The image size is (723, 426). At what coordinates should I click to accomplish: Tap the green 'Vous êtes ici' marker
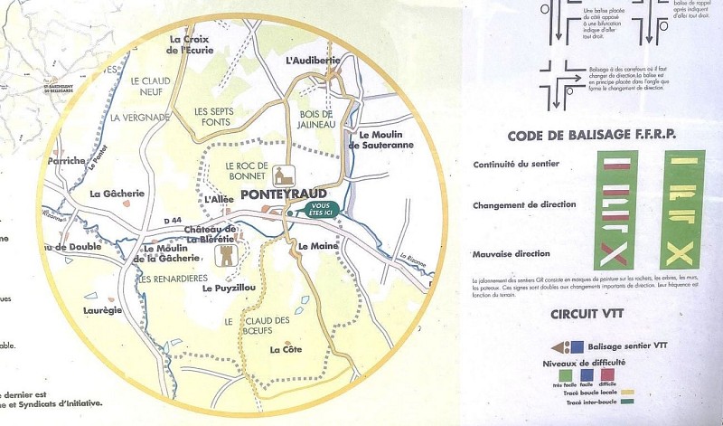coord(317,208)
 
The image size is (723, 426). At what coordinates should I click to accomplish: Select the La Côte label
coord(286,349)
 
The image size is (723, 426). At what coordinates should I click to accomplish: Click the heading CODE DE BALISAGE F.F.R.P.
coord(592,137)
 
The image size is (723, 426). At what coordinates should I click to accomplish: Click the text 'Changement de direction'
coord(525,205)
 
